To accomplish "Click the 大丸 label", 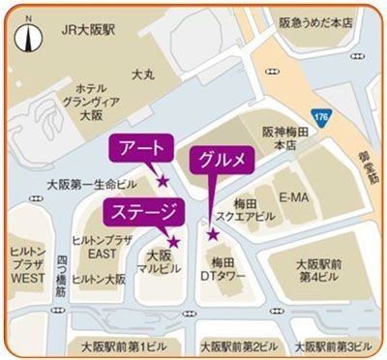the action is pyautogui.click(x=143, y=73).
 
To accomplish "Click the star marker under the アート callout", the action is pyautogui.click(x=163, y=181).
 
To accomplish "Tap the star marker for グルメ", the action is pyautogui.click(x=213, y=234).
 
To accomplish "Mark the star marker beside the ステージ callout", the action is pyautogui.click(x=173, y=242).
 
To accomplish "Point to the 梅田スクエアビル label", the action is pyautogui.click(x=244, y=212).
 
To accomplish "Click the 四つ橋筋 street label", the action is pyautogui.click(x=60, y=258).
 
